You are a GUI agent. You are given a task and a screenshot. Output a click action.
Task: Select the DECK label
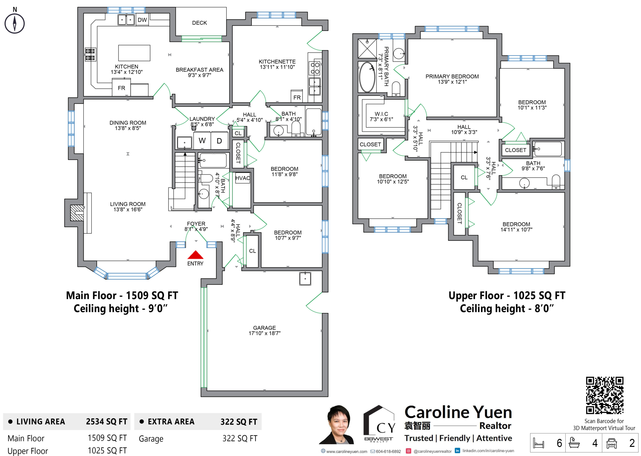pos(199,23)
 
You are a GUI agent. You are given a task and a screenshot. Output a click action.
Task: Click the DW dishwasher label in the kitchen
pos(142,20)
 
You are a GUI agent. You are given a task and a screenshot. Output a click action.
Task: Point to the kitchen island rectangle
pos(134,53)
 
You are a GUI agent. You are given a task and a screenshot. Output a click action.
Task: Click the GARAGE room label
pos(264,328)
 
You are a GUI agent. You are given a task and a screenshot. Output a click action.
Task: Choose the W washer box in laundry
pos(202,140)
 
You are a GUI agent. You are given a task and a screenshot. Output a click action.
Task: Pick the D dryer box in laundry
pos(220,140)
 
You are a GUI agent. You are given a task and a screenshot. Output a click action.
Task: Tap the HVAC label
pos(243,178)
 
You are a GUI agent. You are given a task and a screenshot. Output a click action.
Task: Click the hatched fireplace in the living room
pos(77,213)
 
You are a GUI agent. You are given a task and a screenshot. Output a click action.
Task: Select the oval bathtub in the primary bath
pos(367,77)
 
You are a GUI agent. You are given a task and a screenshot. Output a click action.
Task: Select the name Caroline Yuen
pos(458,412)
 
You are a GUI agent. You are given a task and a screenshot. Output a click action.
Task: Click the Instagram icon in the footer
pos(409,451)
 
